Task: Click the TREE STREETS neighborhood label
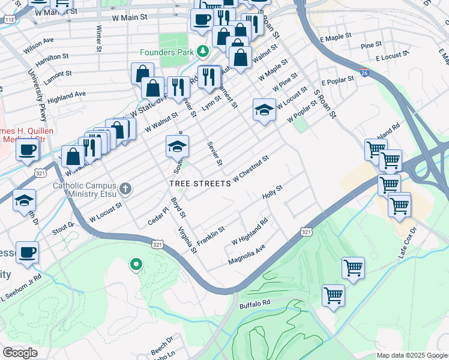199,183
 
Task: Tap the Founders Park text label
167,52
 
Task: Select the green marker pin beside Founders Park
203,51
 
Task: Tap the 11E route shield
10,20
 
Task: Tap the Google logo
20,352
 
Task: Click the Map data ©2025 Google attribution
411,355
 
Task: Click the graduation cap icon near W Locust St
264,109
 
